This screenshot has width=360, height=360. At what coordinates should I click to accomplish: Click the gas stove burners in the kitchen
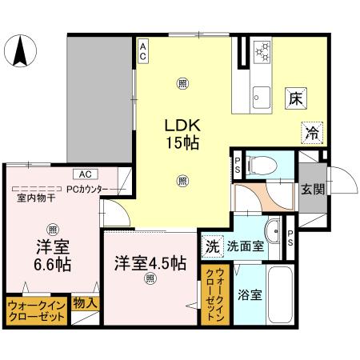(x=262, y=54)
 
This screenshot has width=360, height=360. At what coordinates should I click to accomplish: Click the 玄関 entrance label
(x=313, y=190)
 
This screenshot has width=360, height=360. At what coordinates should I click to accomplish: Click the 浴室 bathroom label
(x=248, y=294)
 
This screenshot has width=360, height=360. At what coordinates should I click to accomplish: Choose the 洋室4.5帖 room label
(x=150, y=262)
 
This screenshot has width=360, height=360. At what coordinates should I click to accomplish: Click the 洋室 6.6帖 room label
(x=51, y=254)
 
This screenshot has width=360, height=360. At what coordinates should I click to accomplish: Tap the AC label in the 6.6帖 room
(x=84, y=174)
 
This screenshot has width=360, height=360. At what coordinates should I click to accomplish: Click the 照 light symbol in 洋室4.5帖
(x=149, y=278)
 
